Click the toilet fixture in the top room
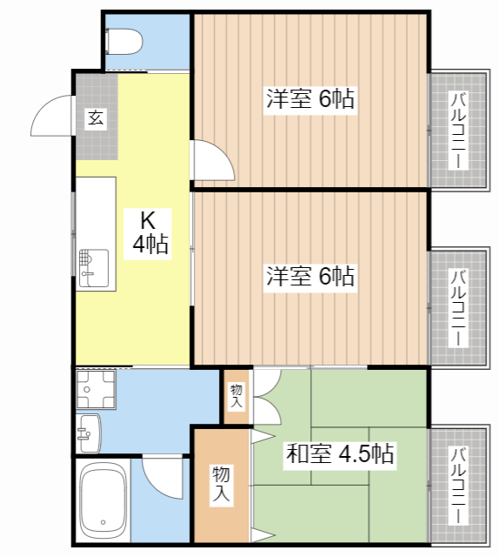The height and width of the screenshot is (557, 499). pos(123,42)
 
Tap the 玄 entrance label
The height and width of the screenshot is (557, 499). pos(96,118)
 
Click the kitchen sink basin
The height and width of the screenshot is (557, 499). pos(94,268)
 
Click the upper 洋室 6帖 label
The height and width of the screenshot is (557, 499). pos(310,98)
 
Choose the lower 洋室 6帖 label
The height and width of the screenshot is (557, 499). pos(310,276)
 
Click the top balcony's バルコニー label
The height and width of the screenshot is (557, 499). pos(458,130)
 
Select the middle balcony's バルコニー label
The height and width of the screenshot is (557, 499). pos(458,307)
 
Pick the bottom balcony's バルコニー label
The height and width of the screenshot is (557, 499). pos(458,485)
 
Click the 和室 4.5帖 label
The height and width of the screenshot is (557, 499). pos(340,453)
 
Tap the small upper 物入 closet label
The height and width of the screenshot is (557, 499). pos(236,396)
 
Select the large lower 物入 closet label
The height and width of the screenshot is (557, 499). pos(221,484)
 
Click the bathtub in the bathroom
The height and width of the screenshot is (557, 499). pos(103,501)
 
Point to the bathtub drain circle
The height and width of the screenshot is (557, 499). pos(103,522)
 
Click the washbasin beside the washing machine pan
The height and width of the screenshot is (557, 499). pos(89,433)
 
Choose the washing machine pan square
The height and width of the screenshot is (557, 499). pos(96,389)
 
